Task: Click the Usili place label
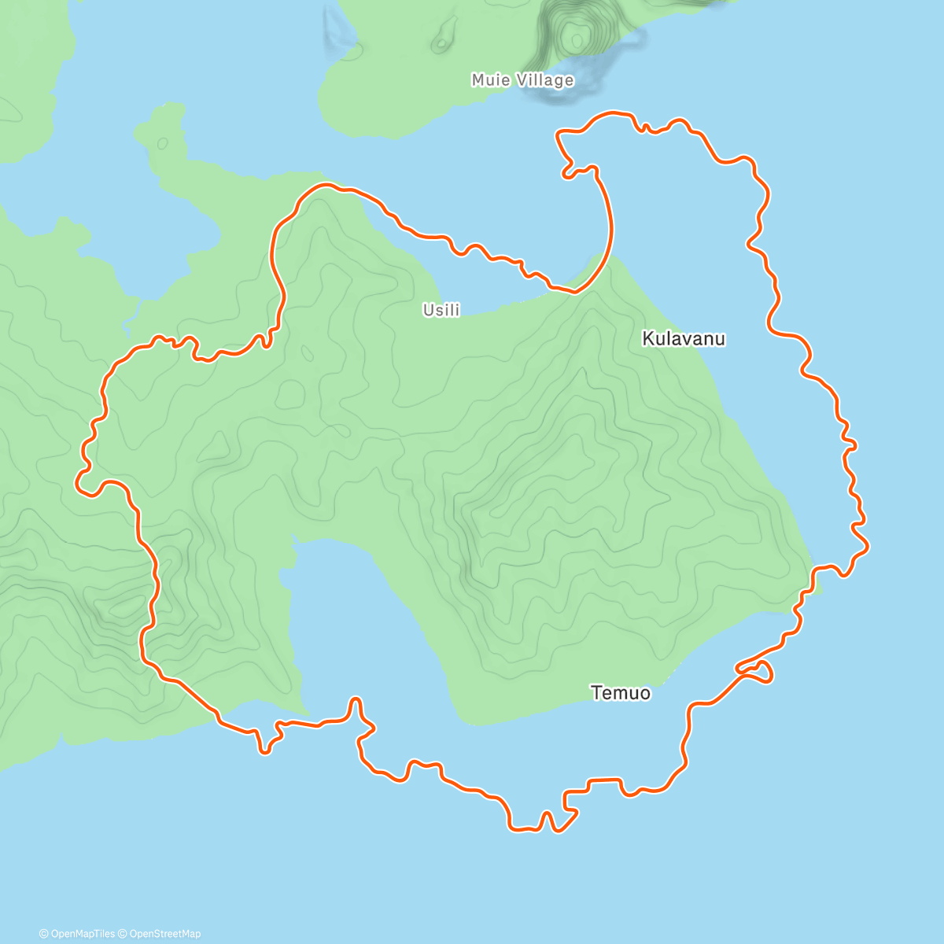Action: tap(441, 310)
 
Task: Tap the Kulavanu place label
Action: tap(684, 339)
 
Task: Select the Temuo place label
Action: tap(621, 693)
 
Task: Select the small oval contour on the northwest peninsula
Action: tap(162, 143)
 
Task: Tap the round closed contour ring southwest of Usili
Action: tap(290, 393)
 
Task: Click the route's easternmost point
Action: tap(868, 544)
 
